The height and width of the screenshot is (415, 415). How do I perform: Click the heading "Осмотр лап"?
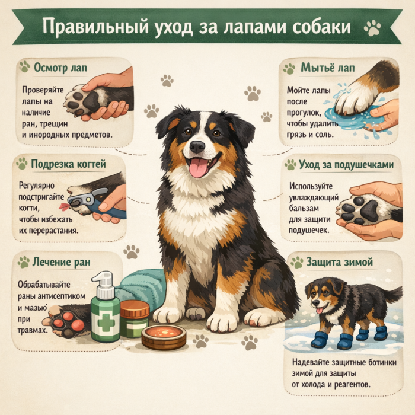tap(60, 68)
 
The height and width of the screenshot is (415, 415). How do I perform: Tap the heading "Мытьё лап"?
tap(328, 68)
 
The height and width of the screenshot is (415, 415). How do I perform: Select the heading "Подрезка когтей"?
tap(68, 164)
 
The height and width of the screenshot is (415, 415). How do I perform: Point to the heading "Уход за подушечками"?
tap(346, 165)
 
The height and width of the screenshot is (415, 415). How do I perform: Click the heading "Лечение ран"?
tap(62, 262)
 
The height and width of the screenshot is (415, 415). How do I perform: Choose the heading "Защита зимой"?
tap(340, 262)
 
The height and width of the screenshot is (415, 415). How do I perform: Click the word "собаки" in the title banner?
tap(321, 27)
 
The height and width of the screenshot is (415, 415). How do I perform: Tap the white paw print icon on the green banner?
tap(372, 27)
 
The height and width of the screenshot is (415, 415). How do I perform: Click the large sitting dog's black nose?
tap(197, 146)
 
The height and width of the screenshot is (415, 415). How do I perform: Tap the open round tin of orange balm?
tap(164, 337)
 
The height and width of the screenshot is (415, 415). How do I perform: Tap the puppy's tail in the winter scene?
tap(394, 294)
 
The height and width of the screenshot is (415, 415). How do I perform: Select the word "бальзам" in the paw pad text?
tap(304, 208)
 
